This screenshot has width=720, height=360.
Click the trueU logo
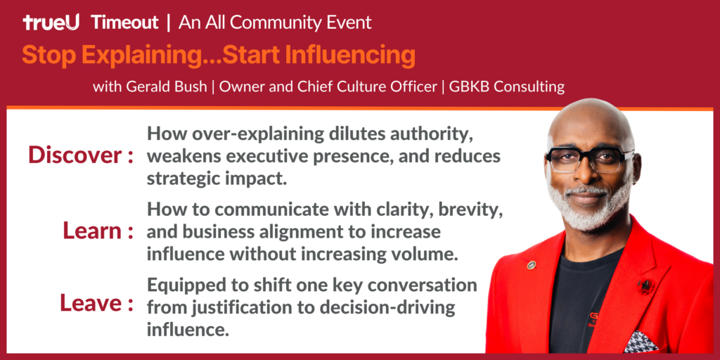coord(51,22)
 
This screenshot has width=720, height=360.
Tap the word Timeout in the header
coord(124,22)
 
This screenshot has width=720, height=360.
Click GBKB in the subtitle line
coord(468,87)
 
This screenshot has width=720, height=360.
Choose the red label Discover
coord(72,155)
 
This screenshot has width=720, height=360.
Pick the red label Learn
coord(89,231)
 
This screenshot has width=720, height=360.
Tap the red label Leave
coord(87,303)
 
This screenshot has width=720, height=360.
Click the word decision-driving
coord(394,307)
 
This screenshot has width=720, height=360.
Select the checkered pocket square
coord(641,341)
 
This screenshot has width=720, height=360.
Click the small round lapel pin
coord(532,265)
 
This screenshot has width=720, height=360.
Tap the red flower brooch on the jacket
coord(645,286)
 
